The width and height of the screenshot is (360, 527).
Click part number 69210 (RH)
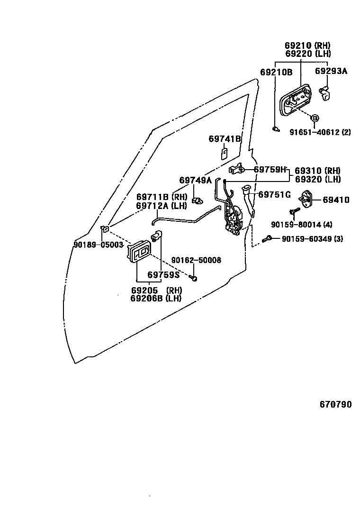coord(307,46)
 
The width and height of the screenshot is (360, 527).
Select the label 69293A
coord(331,71)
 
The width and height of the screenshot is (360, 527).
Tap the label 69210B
coord(276,72)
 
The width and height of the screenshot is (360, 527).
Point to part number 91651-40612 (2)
coord(320,132)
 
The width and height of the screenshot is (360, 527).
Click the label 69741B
coord(225,139)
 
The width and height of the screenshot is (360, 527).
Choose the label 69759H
coord(270,169)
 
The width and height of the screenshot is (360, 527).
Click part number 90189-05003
coord(98,245)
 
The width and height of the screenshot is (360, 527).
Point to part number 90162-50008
coord(196,260)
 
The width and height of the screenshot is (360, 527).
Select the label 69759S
coord(163,274)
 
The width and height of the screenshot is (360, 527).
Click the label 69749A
coord(195,180)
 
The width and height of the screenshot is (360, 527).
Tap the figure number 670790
coord(335,404)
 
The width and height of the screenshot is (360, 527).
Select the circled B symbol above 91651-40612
coord(315,118)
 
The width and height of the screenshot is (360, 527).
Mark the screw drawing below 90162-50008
coord(194,277)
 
